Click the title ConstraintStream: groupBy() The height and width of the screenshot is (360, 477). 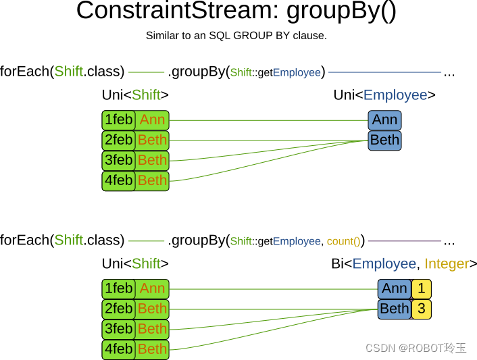(236, 12)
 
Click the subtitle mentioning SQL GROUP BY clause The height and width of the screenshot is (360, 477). (236, 35)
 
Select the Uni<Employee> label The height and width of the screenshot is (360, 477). (384, 95)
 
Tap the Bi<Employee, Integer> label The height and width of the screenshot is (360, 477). (404, 264)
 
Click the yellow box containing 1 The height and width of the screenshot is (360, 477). (422, 289)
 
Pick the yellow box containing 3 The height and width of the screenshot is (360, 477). (422, 309)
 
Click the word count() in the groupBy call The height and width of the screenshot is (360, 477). (343, 241)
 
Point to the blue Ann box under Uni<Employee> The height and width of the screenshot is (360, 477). (384, 120)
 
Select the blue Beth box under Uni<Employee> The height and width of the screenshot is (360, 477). (384, 140)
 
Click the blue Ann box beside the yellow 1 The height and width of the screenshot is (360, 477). (395, 289)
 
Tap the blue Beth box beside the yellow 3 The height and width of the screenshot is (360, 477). (395, 309)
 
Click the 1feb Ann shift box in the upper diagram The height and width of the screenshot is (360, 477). (135, 120)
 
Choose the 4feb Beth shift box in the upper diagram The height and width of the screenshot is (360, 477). (135, 180)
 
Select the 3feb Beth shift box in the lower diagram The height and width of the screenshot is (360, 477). (135, 329)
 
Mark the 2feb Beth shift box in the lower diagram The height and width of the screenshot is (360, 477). (135, 309)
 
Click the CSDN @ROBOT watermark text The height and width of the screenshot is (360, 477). (416, 348)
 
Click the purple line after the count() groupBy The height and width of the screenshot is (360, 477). (404, 241)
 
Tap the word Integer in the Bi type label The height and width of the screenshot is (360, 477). (447, 264)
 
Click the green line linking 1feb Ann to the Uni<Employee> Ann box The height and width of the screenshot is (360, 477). (270, 121)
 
